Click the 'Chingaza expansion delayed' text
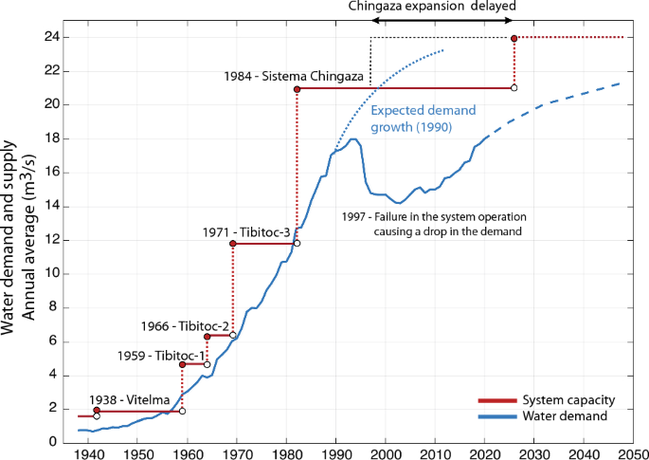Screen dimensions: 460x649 431,7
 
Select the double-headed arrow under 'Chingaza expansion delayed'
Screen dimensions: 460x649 442,20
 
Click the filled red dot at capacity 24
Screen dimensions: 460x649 514,38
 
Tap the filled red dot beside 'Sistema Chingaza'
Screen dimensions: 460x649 297,89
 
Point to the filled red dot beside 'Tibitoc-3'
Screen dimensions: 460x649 232,244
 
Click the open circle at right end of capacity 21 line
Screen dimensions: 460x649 514,88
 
